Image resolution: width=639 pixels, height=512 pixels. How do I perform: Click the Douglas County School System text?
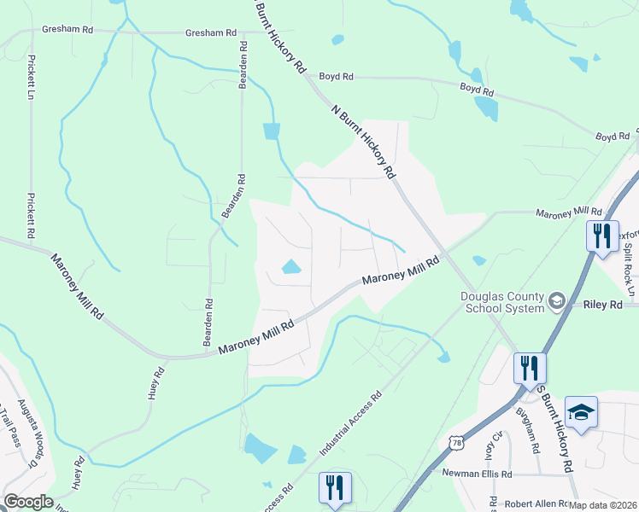click(502, 301)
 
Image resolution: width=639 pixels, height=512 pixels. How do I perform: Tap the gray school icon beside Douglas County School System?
click(556, 300)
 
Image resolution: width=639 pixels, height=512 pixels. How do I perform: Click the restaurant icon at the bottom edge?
click(335, 487)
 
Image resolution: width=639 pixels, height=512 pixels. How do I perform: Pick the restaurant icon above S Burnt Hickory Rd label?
click(530, 368)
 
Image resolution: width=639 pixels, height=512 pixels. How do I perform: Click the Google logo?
click(28, 502)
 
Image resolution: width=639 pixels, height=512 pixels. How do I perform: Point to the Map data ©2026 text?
click(602, 505)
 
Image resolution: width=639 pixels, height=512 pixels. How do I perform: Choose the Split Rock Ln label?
click(630, 274)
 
